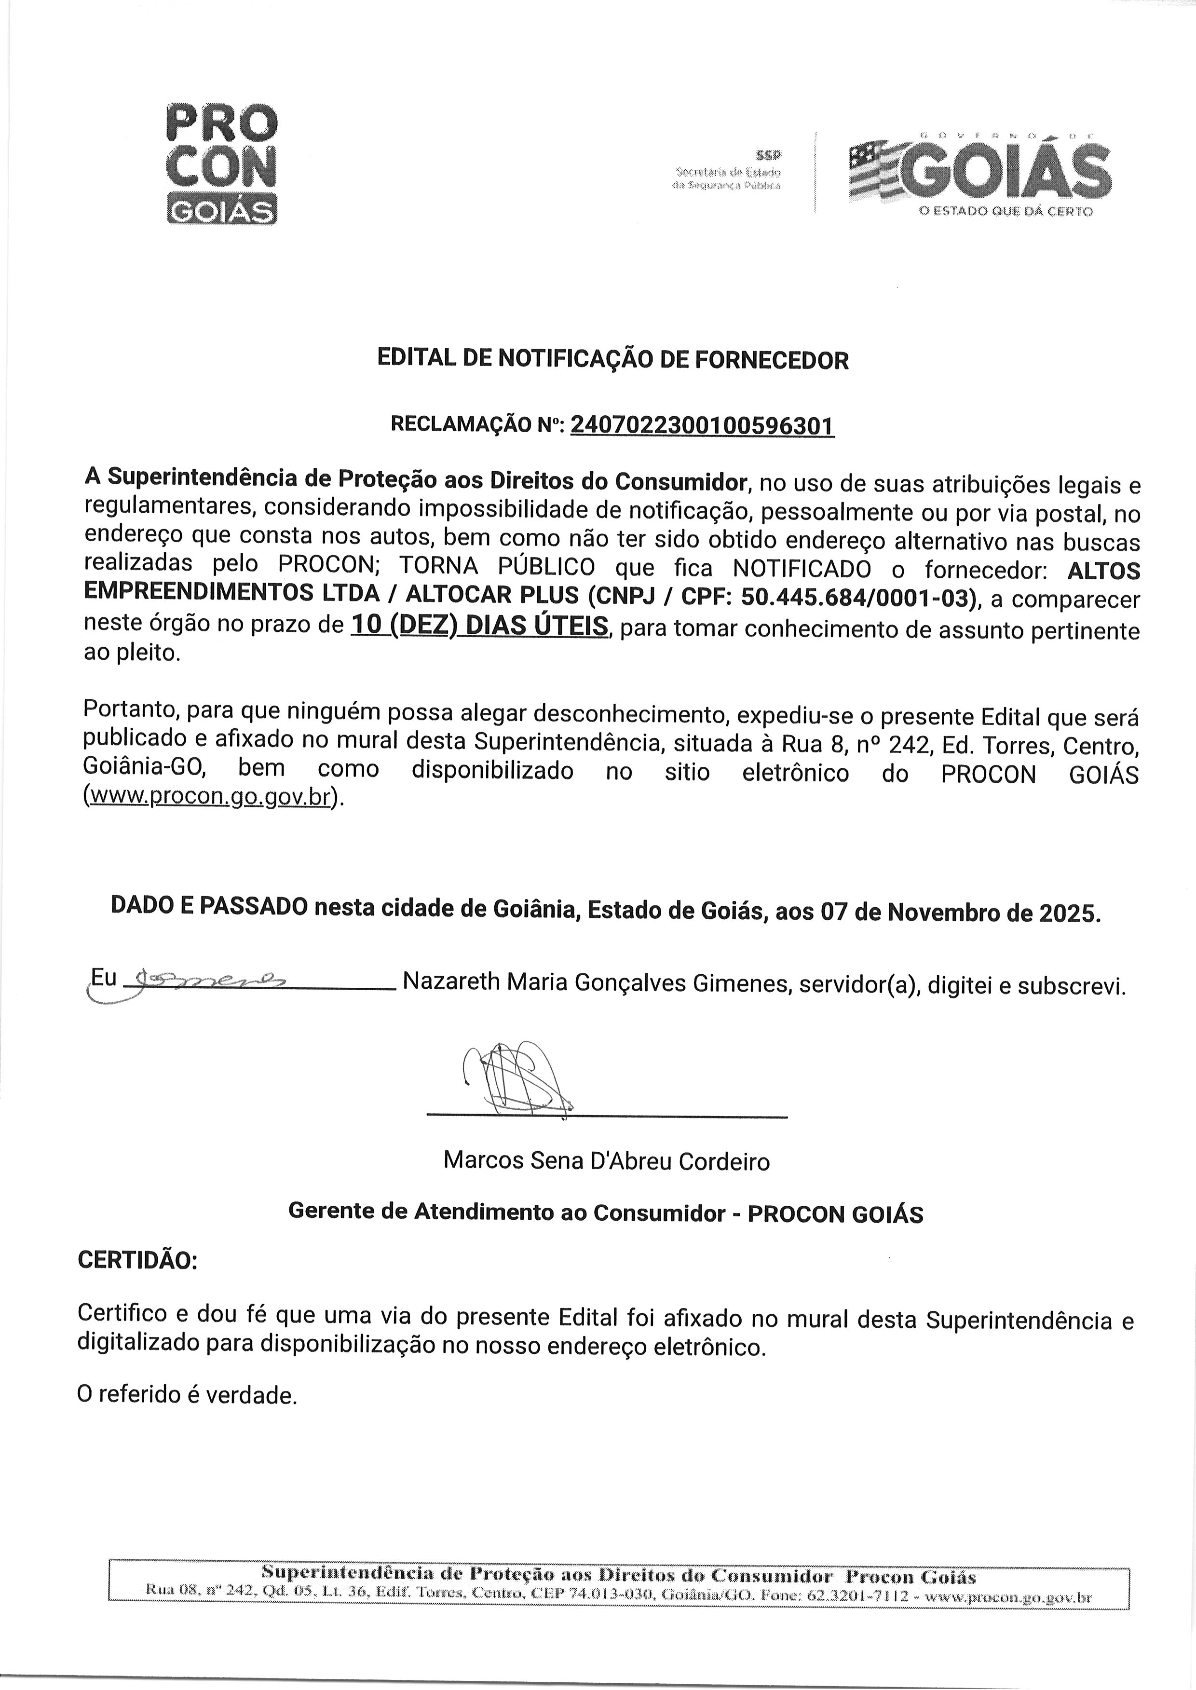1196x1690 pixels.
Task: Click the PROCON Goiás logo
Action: pos(222,164)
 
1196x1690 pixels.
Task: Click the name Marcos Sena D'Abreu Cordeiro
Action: pos(606,1161)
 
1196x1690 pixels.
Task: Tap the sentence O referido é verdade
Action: pos(187,1395)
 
